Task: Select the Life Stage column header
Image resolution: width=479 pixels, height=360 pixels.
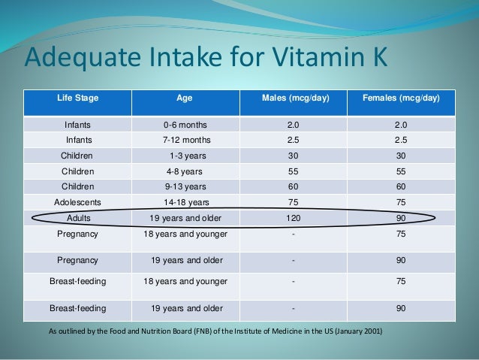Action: click(78, 98)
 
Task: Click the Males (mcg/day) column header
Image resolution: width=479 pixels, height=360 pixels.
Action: click(293, 98)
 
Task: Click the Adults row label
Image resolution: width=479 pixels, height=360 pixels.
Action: click(78, 218)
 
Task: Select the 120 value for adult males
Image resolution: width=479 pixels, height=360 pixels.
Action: click(293, 218)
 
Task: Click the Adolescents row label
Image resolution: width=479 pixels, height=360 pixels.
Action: click(78, 202)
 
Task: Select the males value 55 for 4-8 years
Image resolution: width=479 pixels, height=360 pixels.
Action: click(293, 171)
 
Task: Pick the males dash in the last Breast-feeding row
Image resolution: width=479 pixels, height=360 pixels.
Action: click(293, 308)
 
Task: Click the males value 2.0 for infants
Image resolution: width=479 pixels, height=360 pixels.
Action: click(293, 125)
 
